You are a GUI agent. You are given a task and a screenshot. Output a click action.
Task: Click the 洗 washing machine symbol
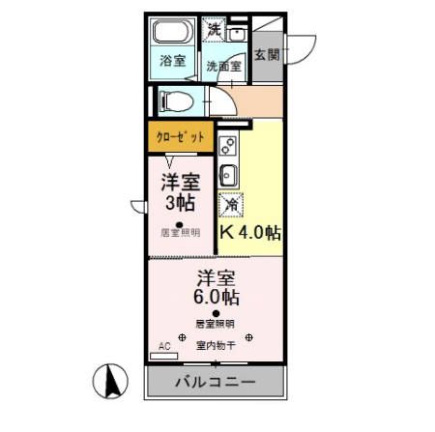coord(215,30)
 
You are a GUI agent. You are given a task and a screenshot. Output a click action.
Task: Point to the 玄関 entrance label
coord(267,55)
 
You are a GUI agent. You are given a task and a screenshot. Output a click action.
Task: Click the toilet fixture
coord(177,100)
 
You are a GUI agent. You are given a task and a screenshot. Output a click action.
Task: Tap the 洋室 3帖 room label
coord(180,192)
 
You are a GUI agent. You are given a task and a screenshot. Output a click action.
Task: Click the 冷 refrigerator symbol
coord(232,205)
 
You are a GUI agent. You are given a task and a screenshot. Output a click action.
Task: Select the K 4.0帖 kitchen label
coord(250,233)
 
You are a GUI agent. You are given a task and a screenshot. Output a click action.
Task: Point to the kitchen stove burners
coord(229,148)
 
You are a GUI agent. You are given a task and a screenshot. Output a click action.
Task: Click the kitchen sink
coord(229,175)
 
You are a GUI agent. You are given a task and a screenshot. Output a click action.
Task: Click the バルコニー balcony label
coord(215,383)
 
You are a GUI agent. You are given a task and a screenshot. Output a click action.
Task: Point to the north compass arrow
coord(111,380)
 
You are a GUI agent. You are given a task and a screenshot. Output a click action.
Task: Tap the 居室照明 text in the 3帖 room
coord(181,233)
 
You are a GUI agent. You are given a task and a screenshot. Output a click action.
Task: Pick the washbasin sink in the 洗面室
coord(238,33)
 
